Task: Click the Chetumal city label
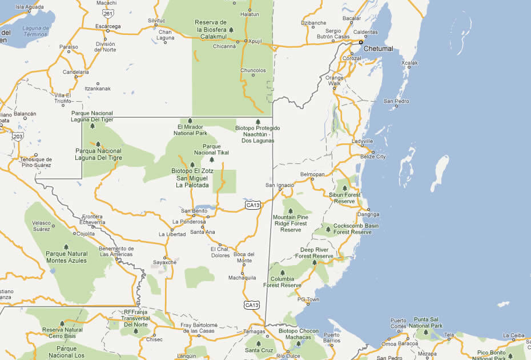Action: point(379,49)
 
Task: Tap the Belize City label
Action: point(373,157)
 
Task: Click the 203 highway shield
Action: point(18,136)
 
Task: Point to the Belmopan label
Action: point(312,173)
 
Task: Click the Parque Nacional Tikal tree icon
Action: point(212,159)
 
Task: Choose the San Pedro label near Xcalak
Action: point(396,101)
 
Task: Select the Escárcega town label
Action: point(107,26)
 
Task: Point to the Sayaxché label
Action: point(164,262)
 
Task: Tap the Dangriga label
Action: point(368,214)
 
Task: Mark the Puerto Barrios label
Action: point(332,338)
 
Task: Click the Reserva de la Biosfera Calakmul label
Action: point(211,29)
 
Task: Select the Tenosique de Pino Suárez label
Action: point(37,162)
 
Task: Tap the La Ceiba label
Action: point(513,335)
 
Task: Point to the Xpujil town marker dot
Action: point(246,41)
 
